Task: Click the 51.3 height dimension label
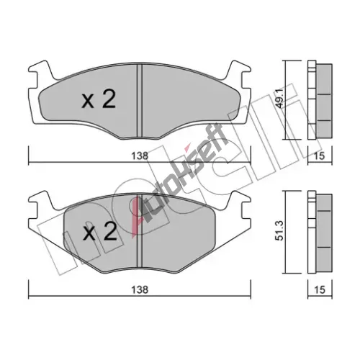point(281,230)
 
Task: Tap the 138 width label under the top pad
point(140,156)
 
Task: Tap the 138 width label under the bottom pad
point(140,289)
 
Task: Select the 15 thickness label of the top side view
point(320,156)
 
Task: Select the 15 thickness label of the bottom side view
point(320,289)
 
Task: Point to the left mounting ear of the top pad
point(40,72)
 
